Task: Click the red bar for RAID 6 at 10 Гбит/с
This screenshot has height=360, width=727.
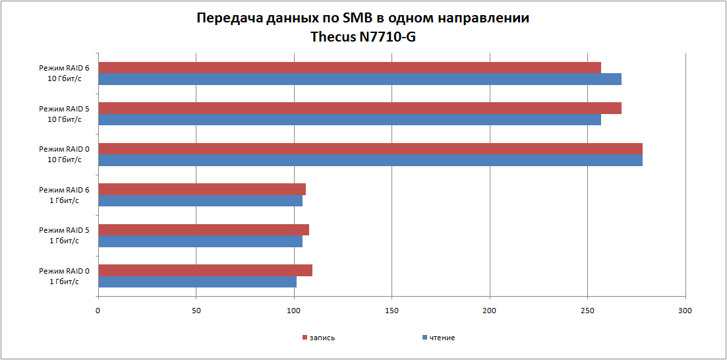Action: point(349,68)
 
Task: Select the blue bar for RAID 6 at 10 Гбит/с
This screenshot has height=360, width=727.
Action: point(359,80)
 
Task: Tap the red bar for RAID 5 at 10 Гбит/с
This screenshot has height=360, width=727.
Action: point(359,108)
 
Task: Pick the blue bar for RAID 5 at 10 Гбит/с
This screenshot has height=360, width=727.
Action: point(349,120)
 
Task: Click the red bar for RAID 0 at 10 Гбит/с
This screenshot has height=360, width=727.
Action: point(370,149)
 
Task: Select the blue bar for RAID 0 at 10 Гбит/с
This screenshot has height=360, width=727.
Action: point(370,161)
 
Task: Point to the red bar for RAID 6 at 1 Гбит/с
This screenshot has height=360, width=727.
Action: point(202,190)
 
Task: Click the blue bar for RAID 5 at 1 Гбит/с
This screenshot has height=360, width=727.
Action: point(200,242)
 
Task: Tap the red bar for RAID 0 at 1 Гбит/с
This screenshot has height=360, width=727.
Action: point(205,271)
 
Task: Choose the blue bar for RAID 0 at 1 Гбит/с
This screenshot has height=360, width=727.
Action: point(197,283)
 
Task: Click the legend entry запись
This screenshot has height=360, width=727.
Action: point(319,338)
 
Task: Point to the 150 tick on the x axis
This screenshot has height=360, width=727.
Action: point(392,309)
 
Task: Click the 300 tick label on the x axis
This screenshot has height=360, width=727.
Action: point(685,309)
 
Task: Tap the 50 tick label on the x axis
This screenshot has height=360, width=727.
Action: point(196,309)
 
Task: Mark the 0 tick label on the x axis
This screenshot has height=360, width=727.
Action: point(98,309)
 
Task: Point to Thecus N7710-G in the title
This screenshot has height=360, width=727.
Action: point(363,37)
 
